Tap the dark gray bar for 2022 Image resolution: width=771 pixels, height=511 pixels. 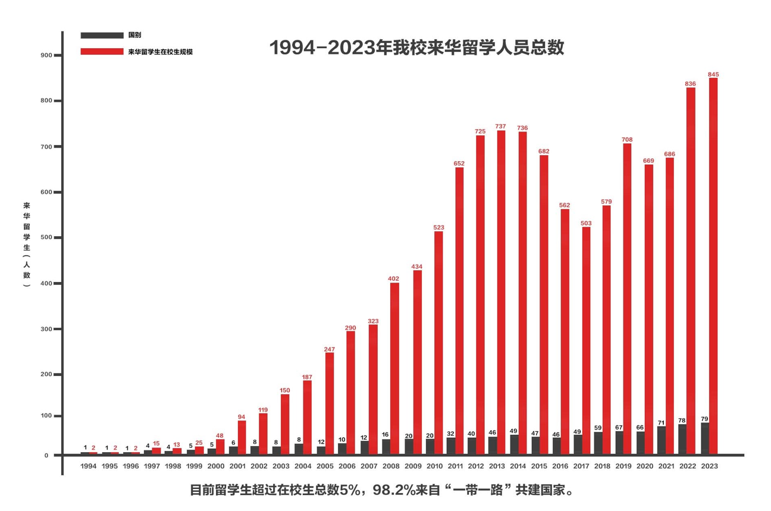682,440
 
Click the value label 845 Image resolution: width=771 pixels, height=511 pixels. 713,74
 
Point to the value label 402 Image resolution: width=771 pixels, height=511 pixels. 394,278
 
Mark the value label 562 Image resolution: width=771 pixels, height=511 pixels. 565,205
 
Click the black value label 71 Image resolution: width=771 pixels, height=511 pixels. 661,422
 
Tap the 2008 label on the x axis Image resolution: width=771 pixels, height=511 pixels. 390,466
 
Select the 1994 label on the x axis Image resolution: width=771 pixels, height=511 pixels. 89,466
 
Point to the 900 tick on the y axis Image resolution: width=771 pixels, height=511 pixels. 45,55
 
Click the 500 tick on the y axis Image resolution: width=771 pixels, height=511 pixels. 45,238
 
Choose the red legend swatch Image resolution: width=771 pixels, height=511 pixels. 101,52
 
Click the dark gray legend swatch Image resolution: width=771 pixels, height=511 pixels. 101,36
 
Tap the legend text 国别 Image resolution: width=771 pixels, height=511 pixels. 134,36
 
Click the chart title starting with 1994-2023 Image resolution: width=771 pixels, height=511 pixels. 416,48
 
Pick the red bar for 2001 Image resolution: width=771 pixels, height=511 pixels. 242,438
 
